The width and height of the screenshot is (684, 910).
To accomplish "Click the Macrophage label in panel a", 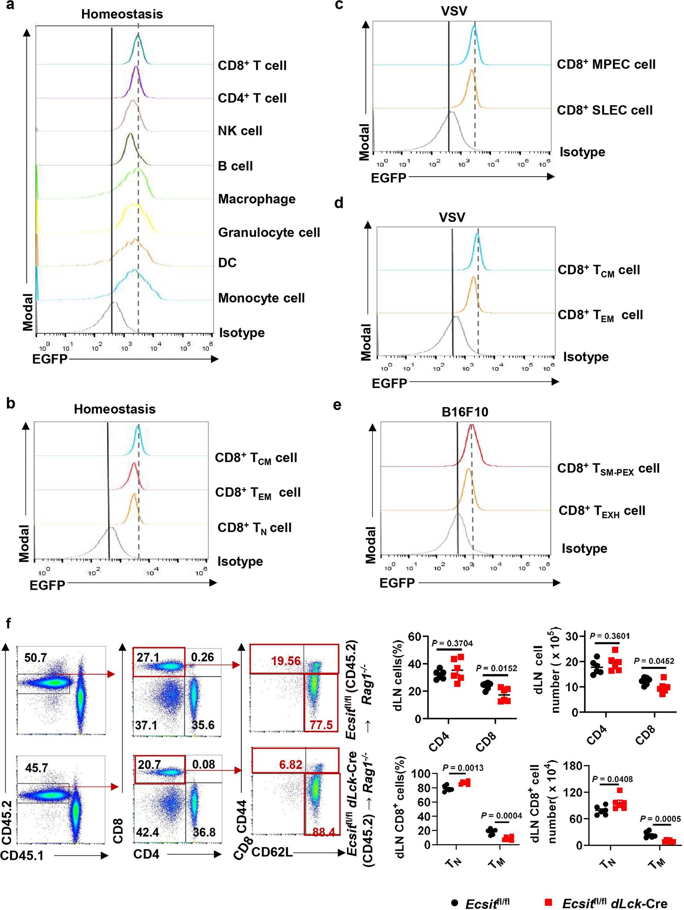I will (257, 199).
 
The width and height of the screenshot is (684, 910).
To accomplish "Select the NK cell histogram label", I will (240, 131).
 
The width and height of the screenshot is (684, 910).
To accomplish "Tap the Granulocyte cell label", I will (269, 233).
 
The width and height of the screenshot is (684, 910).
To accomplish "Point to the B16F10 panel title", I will (465, 412).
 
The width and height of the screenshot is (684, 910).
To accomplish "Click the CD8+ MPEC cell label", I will (606, 65).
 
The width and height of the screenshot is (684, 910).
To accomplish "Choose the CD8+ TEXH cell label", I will (601, 511).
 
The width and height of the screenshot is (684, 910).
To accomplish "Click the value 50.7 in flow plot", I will (35, 658).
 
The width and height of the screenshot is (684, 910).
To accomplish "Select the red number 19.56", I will (286, 661).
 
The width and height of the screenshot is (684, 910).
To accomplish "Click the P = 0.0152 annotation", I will (497, 668).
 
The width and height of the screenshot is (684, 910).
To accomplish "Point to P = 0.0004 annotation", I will (501, 815).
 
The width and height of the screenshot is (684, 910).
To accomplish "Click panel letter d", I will (339, 203).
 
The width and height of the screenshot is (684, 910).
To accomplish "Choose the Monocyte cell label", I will (261, 298).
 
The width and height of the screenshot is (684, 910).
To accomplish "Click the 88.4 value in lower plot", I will (325, 832).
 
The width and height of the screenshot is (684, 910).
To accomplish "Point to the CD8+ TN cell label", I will (254, 528).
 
